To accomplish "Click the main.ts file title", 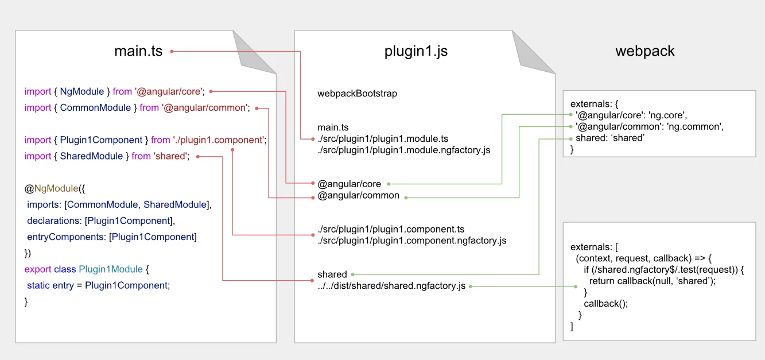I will pos(138,51).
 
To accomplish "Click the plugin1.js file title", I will pos(415,51).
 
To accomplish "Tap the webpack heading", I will pos(645,51).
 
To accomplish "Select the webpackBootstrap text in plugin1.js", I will pos(357,93).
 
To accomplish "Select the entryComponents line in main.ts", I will pos(111,237).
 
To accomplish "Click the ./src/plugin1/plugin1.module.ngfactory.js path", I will pos(403,150).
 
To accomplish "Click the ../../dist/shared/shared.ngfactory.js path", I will pos(391,286).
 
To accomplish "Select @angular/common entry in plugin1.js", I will pos(358,196).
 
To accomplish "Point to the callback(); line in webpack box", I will pos(605,304).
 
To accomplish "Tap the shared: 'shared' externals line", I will pos(609,138).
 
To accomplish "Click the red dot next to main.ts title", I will pos(172,52).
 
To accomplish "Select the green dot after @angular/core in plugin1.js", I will pos(389,184).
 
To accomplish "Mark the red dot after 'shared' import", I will pos(198,156).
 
